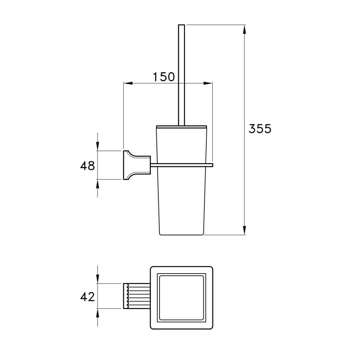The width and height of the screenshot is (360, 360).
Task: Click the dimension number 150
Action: [164, 77]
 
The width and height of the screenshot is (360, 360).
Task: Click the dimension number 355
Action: [260, 129]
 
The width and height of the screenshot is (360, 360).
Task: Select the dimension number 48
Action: [87, 166]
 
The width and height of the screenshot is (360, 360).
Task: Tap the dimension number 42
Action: [87, 297]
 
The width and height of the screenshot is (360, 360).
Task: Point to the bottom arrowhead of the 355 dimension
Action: [245, 230]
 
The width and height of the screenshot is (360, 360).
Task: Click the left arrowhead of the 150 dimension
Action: [128, 84]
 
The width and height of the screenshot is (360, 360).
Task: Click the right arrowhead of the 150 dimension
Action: [208, 84]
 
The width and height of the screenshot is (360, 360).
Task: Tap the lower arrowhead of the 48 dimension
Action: [98, 184]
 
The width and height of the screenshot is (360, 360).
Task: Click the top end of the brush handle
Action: [181, 26]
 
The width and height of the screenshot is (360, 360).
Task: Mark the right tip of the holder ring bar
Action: [213, 165]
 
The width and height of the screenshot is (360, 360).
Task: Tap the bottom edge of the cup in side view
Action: [182, 235]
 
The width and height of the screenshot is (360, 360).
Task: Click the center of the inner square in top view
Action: [182, 298]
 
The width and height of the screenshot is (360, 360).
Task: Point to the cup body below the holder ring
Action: [182, 202]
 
